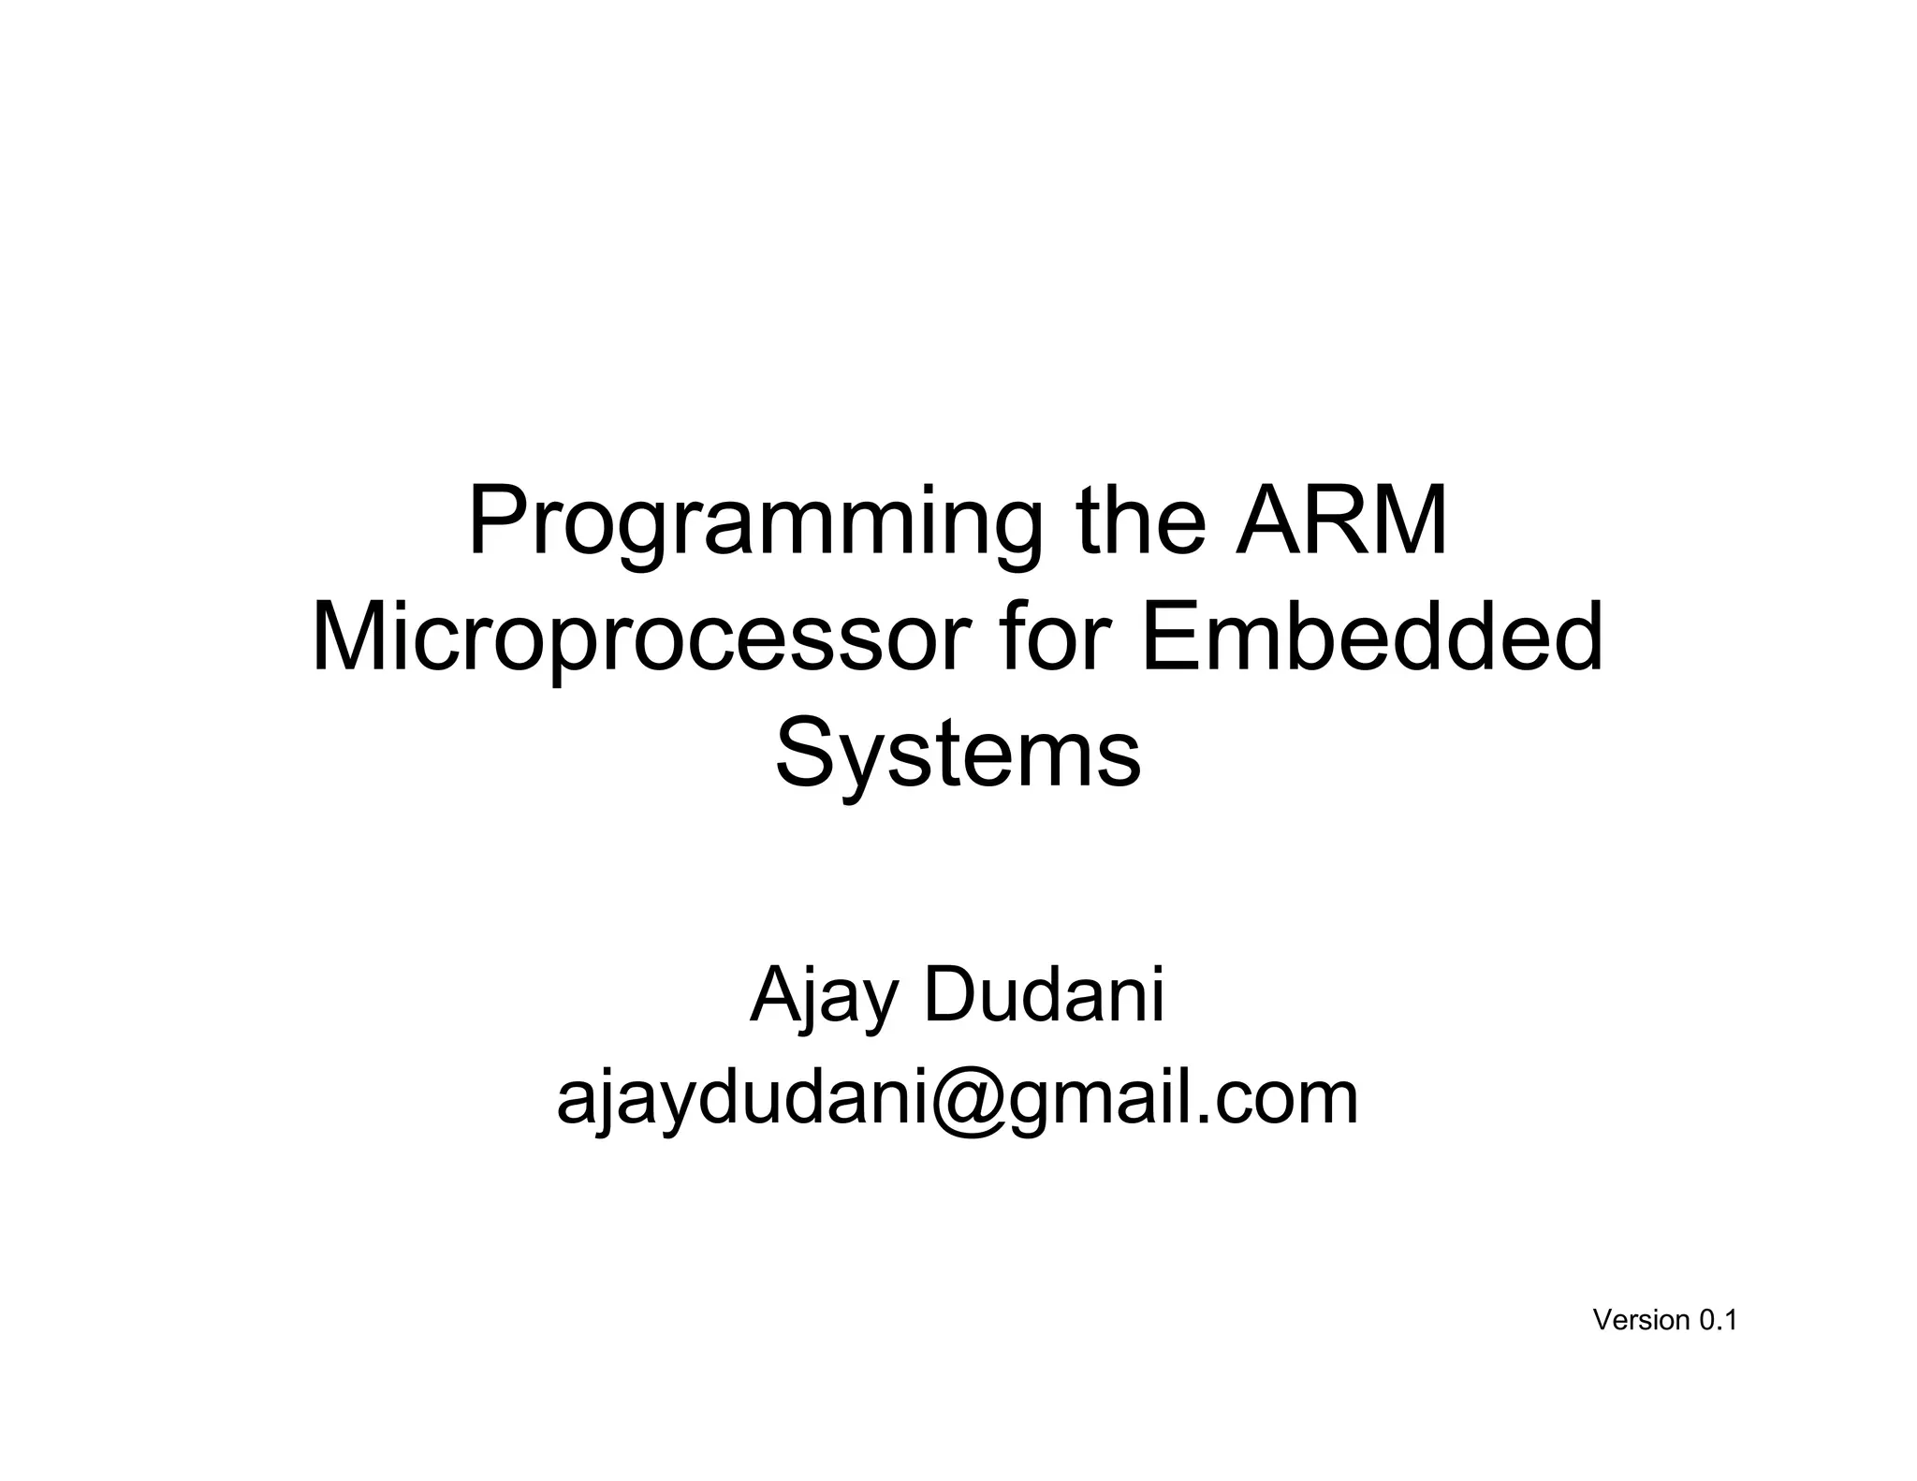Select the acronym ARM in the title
(1341, 521)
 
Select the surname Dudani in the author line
(1044, 994)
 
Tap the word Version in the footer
(1640, 1320)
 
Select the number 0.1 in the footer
(1719, 1320)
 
